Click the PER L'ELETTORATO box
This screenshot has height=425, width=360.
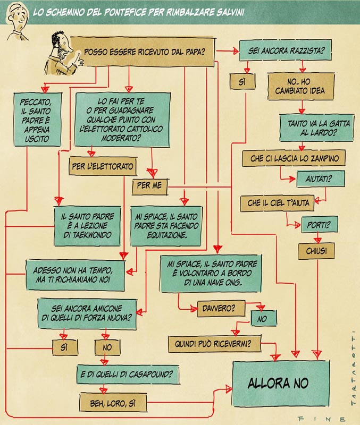pos(103,166)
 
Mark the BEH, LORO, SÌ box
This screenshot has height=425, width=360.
pos(112,401)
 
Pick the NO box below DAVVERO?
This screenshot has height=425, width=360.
pos(262,320)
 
